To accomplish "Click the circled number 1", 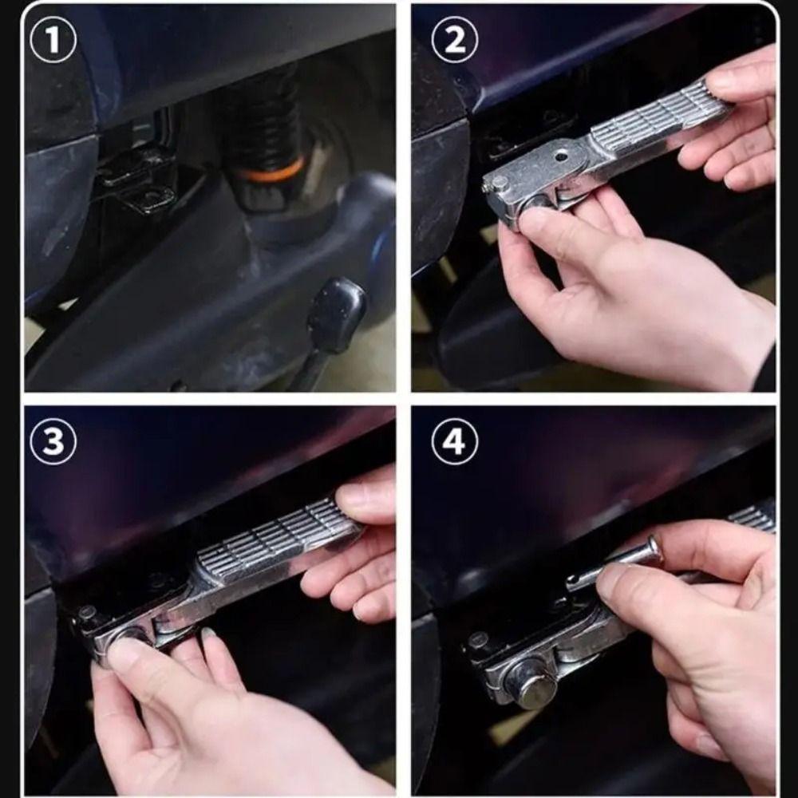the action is click(53, 40).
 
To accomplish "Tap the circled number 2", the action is click(455, 40).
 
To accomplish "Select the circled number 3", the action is click(53, 440).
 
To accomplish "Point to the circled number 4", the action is click(455, 440).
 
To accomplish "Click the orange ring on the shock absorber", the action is click(272, 171).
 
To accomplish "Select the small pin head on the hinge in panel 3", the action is click(87, 612).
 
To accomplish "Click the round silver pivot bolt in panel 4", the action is click(534, 685).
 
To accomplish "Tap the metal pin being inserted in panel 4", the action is click(616, 565).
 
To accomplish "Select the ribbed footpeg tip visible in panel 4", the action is click(753, 516).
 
